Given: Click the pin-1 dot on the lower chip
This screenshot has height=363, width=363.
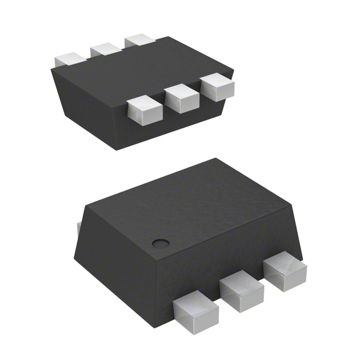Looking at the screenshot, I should (x=161, y=244).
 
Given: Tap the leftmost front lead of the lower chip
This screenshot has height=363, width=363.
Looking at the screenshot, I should (x=195, y=313).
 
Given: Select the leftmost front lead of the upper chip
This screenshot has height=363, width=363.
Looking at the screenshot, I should (x=143, y=110).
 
